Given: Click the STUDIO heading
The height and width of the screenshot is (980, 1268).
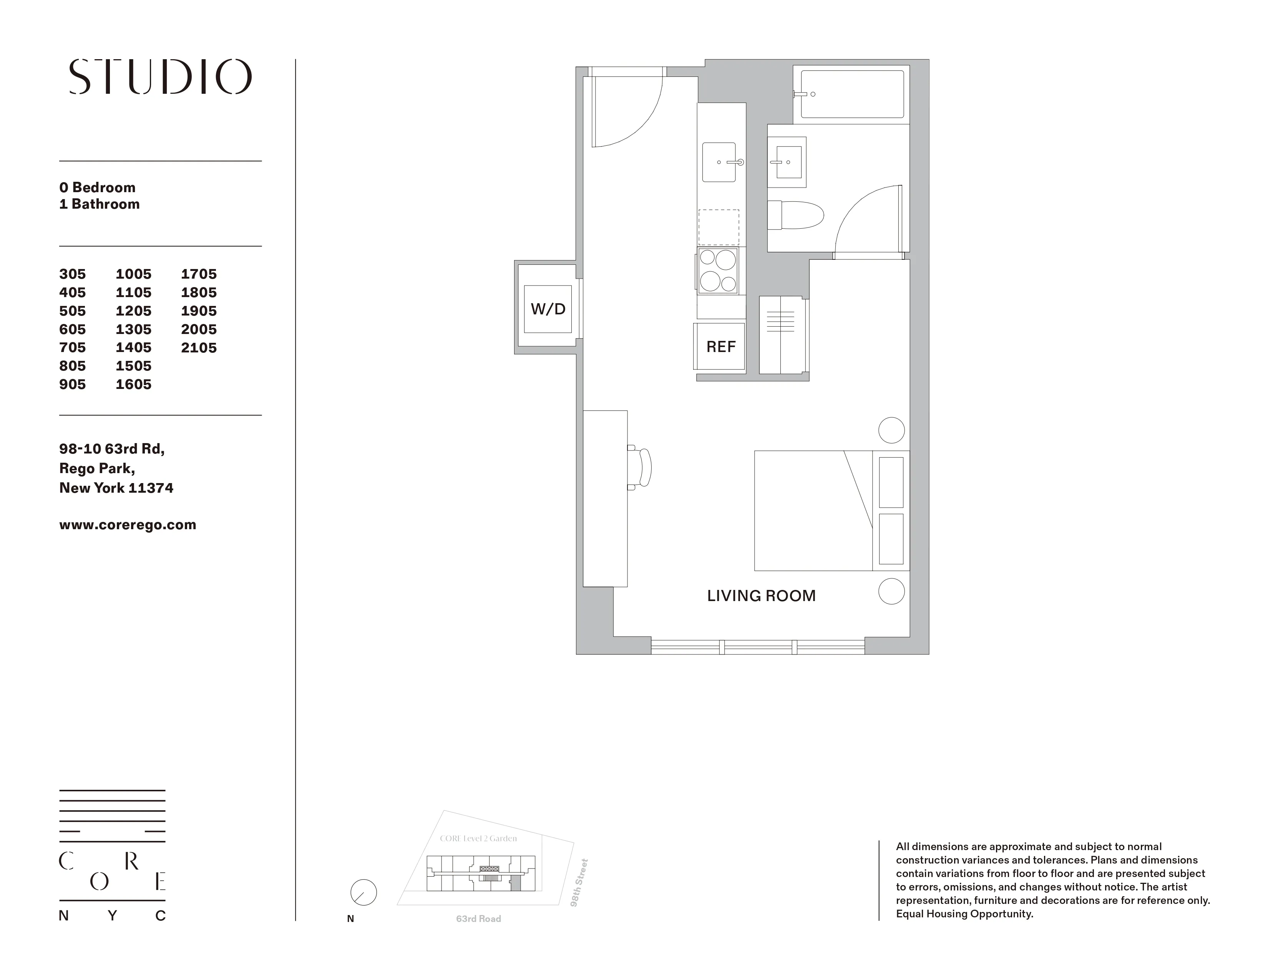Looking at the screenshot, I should (160, 76).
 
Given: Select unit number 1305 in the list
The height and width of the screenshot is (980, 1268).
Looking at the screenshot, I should (134, 329).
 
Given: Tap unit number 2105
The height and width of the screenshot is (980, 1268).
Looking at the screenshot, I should (199, 348).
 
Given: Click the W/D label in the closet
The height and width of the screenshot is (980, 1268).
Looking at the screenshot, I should (548, 309).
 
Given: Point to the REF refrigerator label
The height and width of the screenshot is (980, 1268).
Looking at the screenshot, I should (720, 347).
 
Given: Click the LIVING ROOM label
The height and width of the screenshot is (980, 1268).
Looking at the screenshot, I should (761, 596).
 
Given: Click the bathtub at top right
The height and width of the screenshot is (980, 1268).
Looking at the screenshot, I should (852, 94).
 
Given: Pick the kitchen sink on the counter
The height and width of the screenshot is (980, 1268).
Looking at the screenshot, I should (719, 162).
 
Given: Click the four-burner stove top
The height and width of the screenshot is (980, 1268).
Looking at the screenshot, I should (718, 271).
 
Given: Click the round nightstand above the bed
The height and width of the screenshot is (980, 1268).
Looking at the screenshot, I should (891, 430).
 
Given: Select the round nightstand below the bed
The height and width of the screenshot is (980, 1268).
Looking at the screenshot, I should (891, 591).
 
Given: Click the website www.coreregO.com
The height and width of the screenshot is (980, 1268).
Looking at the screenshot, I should (128, 525).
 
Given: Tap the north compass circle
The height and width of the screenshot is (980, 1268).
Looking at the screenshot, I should (363, 892).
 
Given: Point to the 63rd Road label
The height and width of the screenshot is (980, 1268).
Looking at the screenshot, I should (478, 919).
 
